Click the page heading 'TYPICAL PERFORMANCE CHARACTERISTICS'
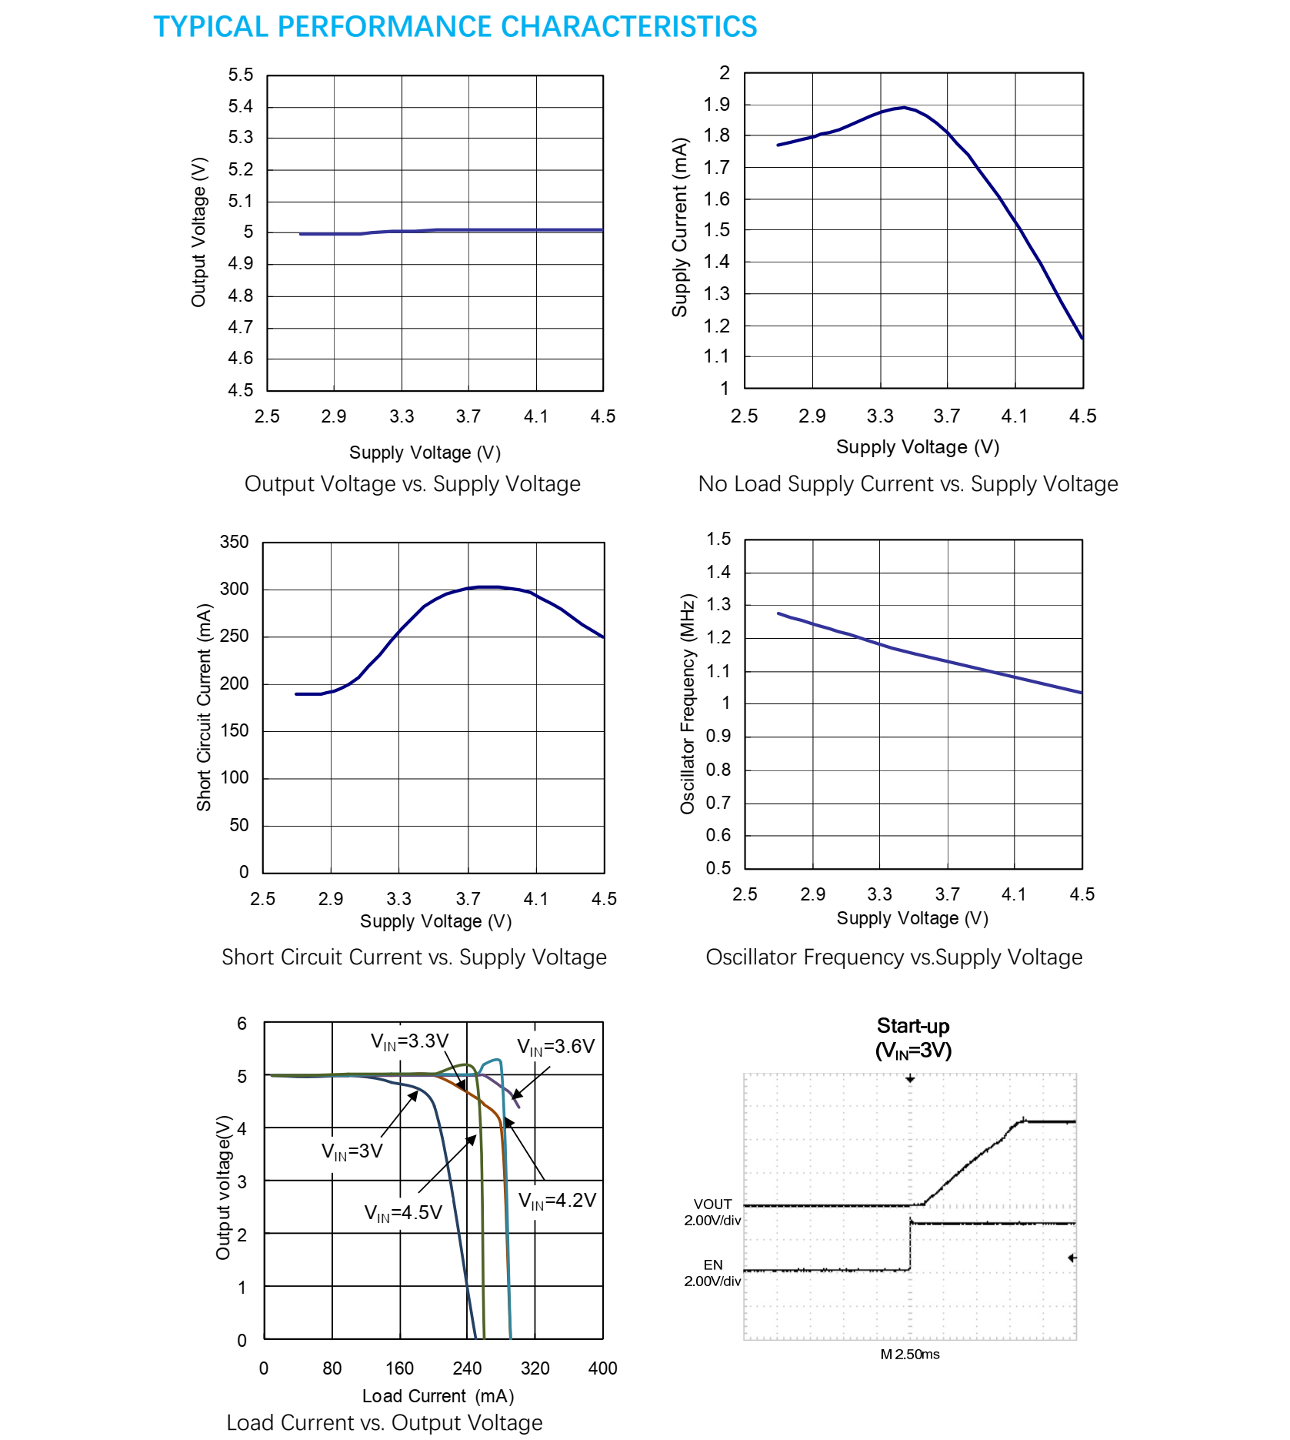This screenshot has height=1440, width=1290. click(x=455, y=27)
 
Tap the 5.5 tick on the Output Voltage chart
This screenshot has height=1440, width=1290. click(x=240, y=75)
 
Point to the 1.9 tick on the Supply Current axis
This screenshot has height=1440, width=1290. click(x=717, y=105)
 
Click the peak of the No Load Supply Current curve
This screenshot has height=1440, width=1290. click(x=903, y=108)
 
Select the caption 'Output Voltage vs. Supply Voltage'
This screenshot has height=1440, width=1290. click(x=412, y=484)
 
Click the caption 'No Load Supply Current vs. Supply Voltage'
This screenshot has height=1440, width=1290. click(x=908, y=484)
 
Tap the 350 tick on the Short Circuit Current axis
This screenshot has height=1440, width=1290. click(x=235, y=542)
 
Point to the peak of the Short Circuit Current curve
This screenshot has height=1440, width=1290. click(x=488, y=586)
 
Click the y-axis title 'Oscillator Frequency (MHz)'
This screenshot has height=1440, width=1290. click(x=687, y=703)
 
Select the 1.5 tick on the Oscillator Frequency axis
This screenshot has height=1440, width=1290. click(x=718, y=539)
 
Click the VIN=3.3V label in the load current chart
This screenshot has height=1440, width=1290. click(x=409, y=1041)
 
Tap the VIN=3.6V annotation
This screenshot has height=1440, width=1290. click(x=555, y=1047)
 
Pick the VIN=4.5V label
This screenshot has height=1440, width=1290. click(x=403, y=1213)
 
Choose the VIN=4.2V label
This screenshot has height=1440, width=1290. click(x=557, y=1201)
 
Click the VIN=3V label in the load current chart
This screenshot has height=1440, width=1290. click(x=352, y=1151)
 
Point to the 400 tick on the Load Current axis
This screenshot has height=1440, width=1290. click(x=602, y=1368)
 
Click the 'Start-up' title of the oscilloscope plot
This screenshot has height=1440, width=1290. click(x=913, y=1026)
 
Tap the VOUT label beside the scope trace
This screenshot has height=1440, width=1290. click(x=712, y=1204)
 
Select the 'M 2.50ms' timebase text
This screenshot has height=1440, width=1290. click(x=910, y=1354)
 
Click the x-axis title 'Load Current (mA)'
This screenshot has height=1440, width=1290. click(x=438, y=1396)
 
